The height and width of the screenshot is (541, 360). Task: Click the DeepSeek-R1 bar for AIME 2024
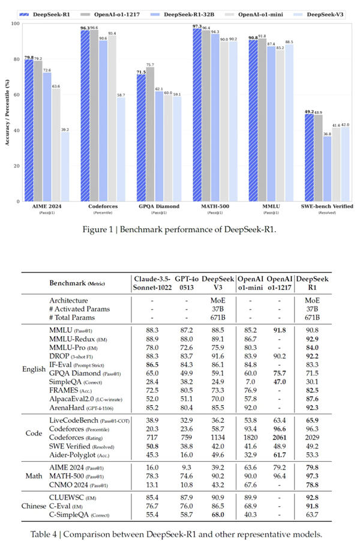28,132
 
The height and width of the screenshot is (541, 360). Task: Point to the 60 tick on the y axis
16,95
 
